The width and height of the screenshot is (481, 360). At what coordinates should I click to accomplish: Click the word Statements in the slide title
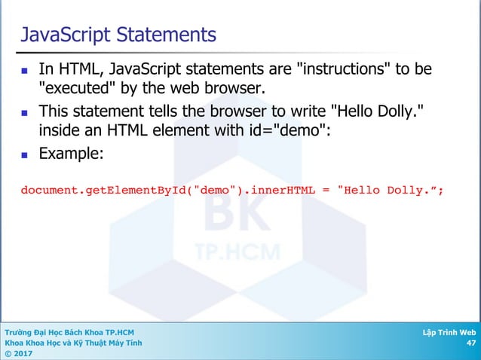pos(159,35)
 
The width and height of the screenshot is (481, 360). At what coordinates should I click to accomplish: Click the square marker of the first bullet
pos(24,71)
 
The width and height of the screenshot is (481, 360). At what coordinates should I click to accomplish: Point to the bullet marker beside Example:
pos(24,155)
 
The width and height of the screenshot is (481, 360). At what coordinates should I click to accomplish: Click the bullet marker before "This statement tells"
pos(24,113)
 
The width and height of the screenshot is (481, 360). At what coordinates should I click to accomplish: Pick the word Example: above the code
pos(71,154)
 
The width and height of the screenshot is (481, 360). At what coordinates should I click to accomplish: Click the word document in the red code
pos(48,190)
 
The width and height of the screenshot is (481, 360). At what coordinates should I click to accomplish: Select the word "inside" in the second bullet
pos(61,132)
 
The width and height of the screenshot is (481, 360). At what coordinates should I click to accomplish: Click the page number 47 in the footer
pos(470,343)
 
